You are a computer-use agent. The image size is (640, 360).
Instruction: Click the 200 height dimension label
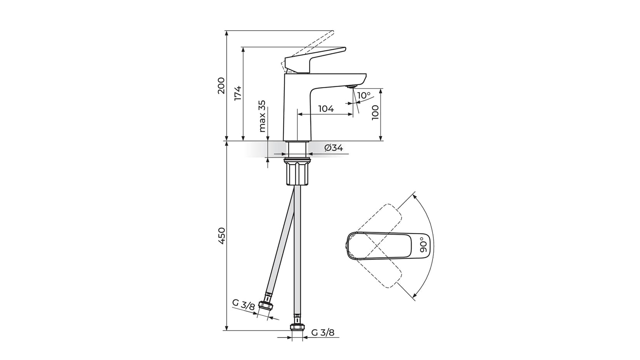click(x=221, y=85)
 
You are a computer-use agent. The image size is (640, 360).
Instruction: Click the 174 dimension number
click(x=238, y=93)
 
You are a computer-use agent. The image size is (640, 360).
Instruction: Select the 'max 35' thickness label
click(x=263, y=116)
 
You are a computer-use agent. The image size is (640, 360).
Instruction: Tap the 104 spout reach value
click(x=326, y=109)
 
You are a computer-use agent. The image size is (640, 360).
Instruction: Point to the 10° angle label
click(x=363, y=96)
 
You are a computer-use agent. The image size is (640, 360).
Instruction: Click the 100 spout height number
click(x=375, y=113)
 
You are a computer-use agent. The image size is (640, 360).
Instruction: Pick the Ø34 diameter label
click(x=333, y=148)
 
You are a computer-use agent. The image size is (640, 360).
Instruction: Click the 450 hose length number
click(x=221, y=236)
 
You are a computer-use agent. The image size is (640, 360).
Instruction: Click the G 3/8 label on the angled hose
click(x=243, y=304)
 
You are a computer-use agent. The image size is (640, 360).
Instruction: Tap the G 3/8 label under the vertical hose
click(x=323, y=332)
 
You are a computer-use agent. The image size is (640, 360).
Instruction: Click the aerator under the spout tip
click(x=352, y=87)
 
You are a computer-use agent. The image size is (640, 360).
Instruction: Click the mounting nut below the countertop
click(x=298, y=174)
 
